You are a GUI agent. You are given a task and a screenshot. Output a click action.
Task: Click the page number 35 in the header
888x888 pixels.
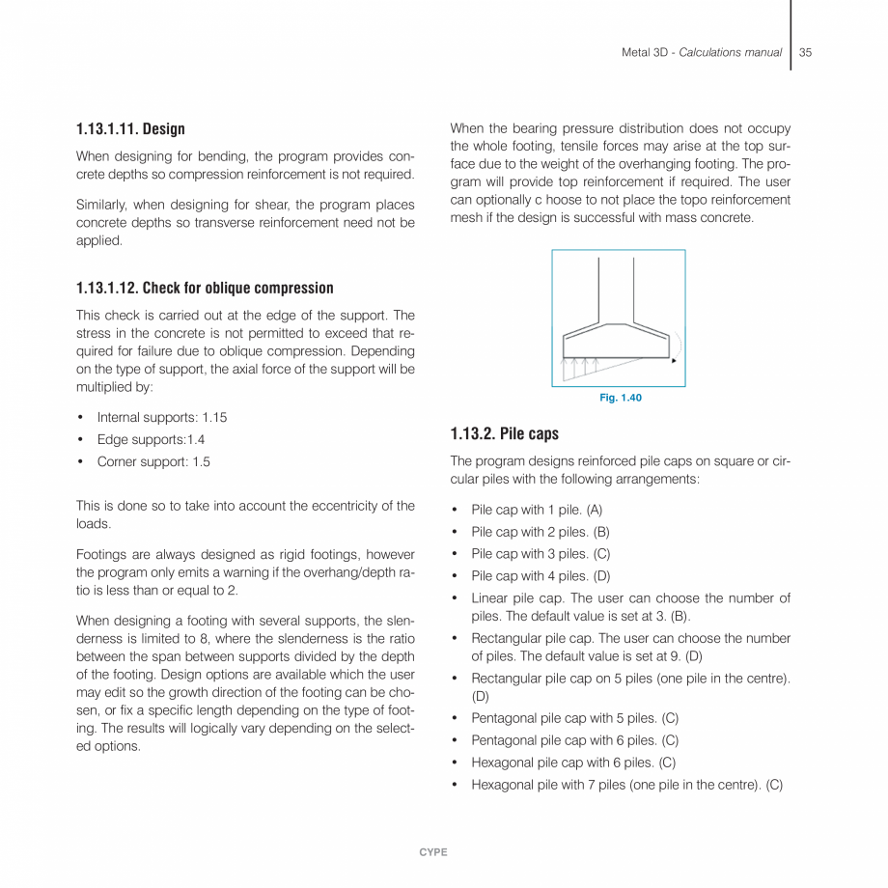coord(805,52)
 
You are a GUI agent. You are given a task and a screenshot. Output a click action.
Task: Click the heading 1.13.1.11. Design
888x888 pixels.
coord(130,129)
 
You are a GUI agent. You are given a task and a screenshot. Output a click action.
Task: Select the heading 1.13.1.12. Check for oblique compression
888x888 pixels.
coord(205,288)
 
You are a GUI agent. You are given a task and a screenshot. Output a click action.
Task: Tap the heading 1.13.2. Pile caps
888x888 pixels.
coord(504,433)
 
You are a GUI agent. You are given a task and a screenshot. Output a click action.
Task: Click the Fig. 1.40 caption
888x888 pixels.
coord(621,399)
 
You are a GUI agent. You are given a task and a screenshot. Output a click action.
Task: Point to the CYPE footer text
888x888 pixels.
coord(433,852)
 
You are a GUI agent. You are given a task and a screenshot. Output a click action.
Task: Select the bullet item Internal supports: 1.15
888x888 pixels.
coord(161,418)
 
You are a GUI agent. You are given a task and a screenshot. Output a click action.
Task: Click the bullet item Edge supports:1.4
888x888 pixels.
coord(151,440)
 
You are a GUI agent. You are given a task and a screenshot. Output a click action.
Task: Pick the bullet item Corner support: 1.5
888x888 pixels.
coord(153,462)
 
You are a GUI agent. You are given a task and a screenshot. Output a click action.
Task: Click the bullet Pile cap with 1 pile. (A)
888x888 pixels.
coord(536,510)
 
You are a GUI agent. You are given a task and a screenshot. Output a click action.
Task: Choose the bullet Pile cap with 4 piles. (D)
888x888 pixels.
coord(540,576)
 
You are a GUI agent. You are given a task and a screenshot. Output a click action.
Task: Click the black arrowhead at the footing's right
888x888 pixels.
coord(674,359)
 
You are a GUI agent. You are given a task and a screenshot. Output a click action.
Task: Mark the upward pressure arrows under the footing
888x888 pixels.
coord(582,368)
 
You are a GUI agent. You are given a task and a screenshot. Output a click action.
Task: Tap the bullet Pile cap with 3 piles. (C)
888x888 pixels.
coord(540,554)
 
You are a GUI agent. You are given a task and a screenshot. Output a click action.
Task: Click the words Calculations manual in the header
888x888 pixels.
coord(730,52)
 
